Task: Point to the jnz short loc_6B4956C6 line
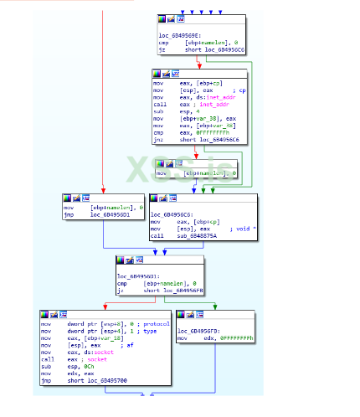point(190,139)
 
